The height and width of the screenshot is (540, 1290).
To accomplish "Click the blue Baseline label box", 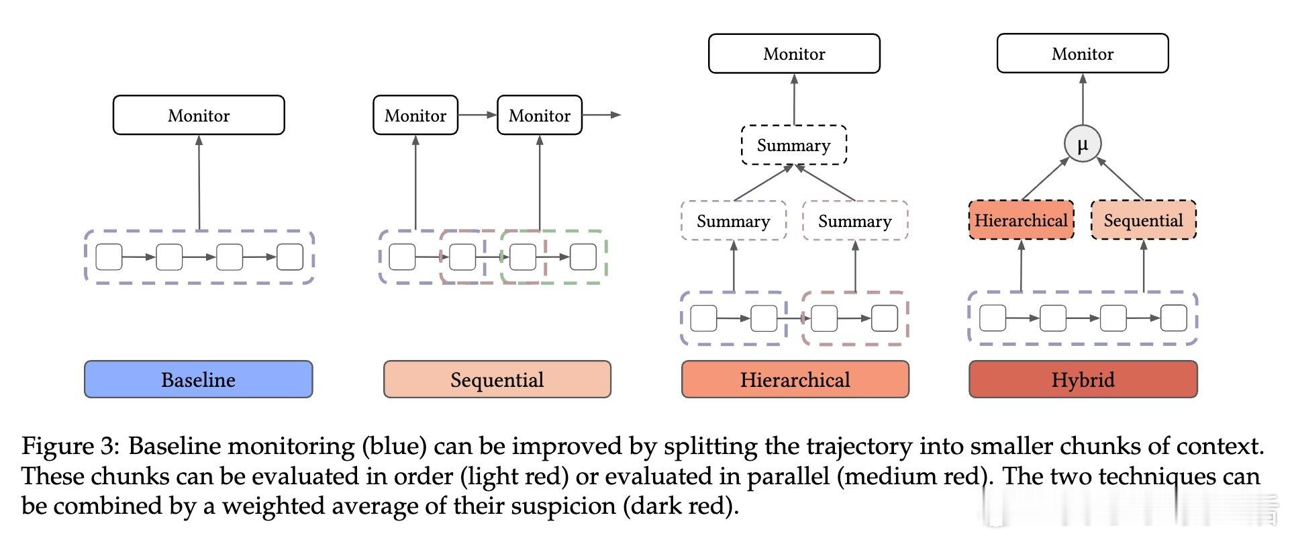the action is tap(199, 379).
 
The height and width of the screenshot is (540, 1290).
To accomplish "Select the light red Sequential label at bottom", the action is tap(497, 379).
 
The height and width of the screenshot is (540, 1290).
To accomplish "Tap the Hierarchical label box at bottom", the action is tap(795, 379).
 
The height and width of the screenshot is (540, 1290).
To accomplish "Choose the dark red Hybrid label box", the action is tap(1083, 379).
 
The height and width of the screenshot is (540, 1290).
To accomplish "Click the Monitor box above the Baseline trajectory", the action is tap(199, 115).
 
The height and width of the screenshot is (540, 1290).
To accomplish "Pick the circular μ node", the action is tap(1083, 144).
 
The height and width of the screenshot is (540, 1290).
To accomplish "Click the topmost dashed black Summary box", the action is tap(794, 145).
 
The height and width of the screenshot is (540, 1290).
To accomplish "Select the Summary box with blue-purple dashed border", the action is tap(734, 220).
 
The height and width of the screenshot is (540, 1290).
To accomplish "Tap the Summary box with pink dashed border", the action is tap(855, 220).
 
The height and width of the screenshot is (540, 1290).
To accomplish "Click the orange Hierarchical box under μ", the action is tap(1021, 220).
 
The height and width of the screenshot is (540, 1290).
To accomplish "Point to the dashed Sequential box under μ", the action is tap(1144, 220).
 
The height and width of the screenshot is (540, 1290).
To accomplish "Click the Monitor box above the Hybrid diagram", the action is tap(1083, 53).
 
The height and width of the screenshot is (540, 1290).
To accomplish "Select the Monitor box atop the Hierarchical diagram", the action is tap(794, 53).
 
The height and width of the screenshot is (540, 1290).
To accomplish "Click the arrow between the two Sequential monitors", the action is tap(477, 115).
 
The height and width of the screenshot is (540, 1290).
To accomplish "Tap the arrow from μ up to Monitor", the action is tap(1083, 99).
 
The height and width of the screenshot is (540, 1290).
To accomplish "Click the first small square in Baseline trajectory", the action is tap(109, 257).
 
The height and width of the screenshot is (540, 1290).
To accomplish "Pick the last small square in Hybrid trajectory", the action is tap(1174, 318).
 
